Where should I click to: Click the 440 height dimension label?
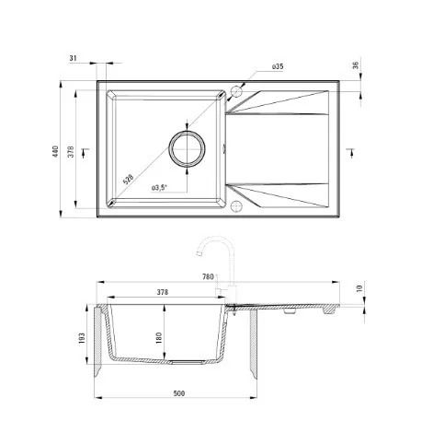[55, 151]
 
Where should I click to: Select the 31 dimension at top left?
[73, 58]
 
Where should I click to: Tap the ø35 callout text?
[278, 66]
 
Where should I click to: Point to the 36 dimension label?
[356, 65]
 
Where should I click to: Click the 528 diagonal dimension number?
[128, 180]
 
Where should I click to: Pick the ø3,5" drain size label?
[159, 188]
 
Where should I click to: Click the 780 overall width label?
[208, 277]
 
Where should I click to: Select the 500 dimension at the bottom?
[179, 393]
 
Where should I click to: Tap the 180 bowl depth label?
[159, 338]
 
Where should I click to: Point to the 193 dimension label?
[82, 338]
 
